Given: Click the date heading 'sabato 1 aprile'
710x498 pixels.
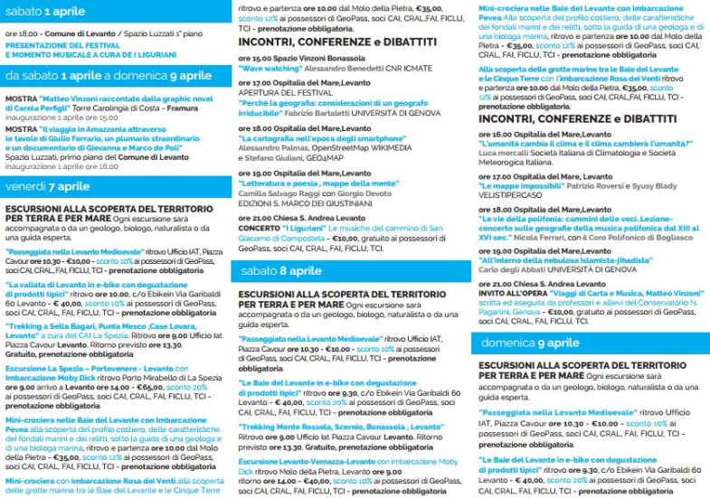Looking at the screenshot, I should pyautogui.click(x=45, y=11).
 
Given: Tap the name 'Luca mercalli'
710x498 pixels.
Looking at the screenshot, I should pyautogui.click(x=506, y=152).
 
